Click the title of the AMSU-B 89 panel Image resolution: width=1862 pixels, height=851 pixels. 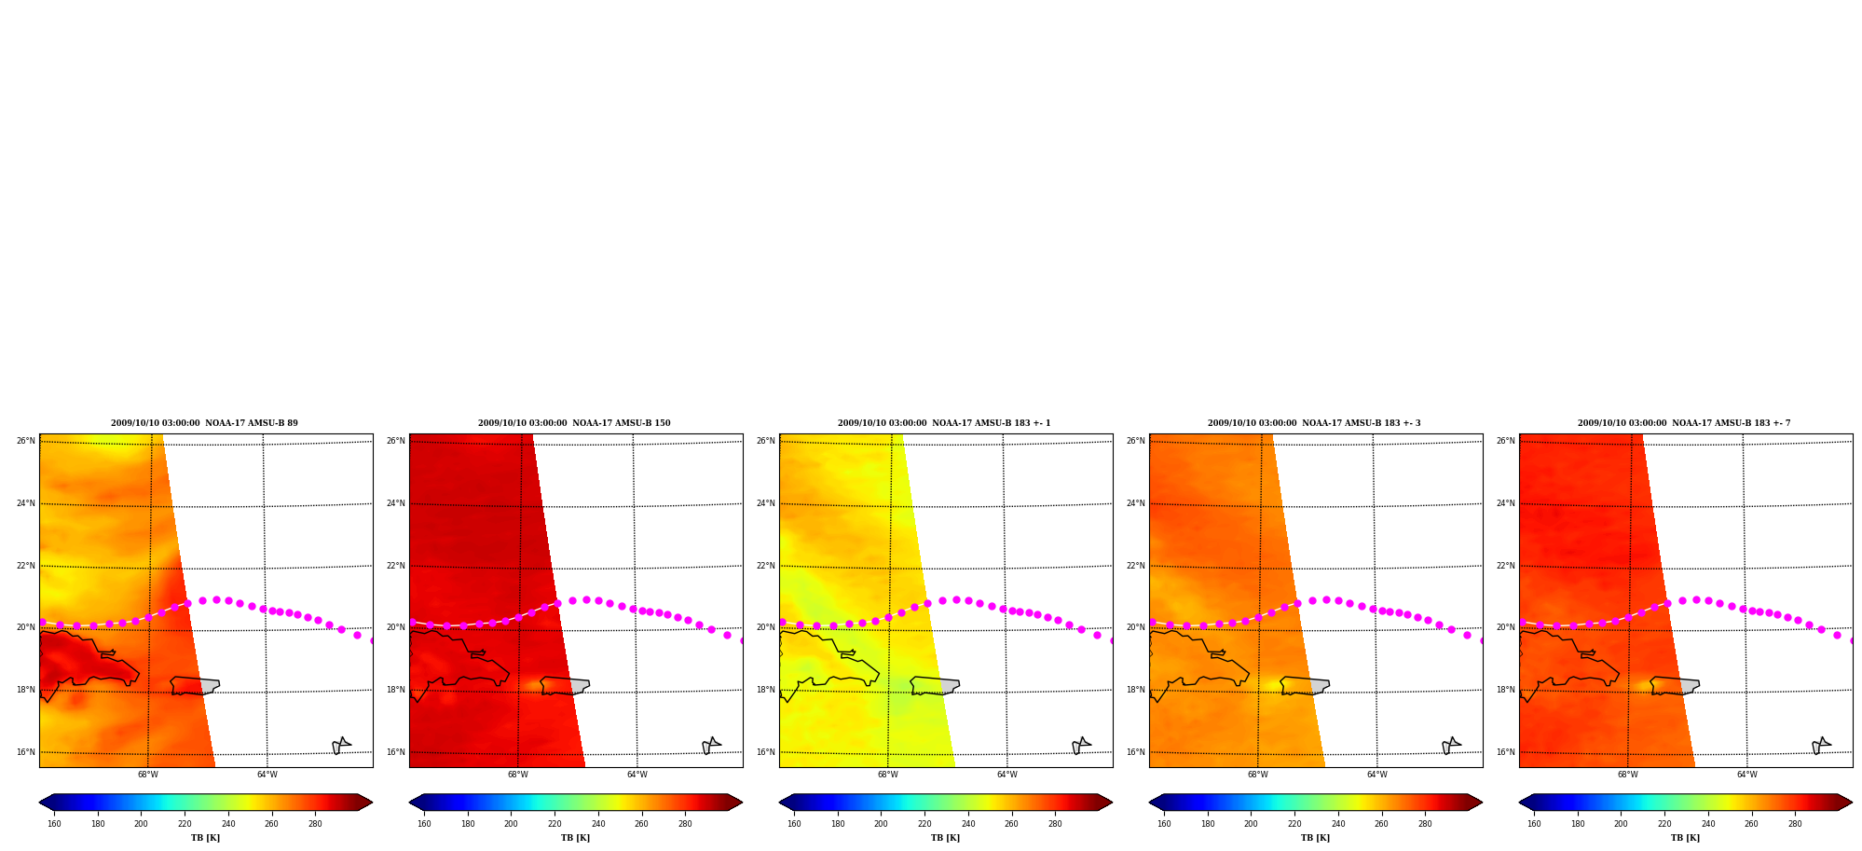pyautogui.click(x=204, y=423)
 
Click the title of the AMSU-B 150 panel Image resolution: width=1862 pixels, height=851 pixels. pyautogui.click(x=574, y=423)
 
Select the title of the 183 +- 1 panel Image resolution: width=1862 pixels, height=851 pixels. pyautogui.click(x=944, y=423)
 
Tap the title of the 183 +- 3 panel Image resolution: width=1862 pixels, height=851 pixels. pyautogui.click(x=1314, y=423)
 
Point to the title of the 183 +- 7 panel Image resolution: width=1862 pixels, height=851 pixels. pyautogui.click(x=1684, y=423)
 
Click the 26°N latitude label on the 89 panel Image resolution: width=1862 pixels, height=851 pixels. pyautogui.click(x=26, y=441)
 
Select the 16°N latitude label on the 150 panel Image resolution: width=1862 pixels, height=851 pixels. pyautogui.click(x=396, y=752)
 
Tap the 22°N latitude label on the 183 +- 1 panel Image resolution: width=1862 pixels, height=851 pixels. pyautogui.click(x=766, y=566)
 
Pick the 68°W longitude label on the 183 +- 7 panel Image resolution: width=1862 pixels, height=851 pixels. pyautogui.click(x=1627, y=775)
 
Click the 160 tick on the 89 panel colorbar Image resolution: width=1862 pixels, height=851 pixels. pyautogui.click(x=54, y=824)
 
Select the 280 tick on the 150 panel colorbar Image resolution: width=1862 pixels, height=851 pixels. pyautogui.click(x=685, y=824)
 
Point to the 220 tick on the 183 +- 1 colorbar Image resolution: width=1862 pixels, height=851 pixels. pyautogui.click(x=924, y=824)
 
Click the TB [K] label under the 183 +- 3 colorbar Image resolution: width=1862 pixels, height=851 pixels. pyautogui.click(x=1315, y=838)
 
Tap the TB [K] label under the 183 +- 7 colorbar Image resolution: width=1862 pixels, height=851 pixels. pyautogui.click(x=1685, y=838)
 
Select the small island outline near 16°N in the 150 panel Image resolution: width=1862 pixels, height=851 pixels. pyautogui.click(x=711, y=746)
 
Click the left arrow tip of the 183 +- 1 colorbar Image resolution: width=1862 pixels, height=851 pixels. pyautogui.click(x=780, y=803)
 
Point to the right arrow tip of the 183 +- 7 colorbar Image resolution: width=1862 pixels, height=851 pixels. pyautogui.click(x=1852, y=803)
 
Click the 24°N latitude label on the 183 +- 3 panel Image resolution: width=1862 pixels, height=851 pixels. pyautogui.click(x=1136, y=503)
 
